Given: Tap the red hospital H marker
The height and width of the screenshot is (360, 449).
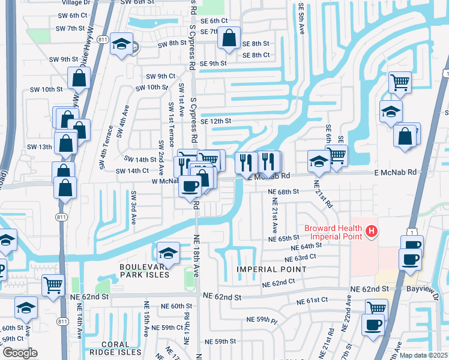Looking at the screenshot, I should click(x=372, y=230).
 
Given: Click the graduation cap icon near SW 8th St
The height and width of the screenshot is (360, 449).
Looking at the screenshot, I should click(x=122, y=44).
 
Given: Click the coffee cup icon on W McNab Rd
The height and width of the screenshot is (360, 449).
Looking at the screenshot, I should click(x=191, y=186).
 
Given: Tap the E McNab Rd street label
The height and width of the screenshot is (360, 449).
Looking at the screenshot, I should click(x=394, y=172).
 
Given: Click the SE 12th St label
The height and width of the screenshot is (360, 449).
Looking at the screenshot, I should click(x=216, y=121).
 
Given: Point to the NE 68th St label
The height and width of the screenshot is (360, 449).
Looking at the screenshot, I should click(x=284, y=191).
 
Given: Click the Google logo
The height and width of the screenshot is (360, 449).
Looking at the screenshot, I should click(x=19, y=353).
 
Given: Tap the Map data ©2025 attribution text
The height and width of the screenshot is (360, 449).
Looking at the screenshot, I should click(x=423, y=355).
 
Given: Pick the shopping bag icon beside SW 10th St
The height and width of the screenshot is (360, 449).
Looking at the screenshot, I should click(x=79, y=78).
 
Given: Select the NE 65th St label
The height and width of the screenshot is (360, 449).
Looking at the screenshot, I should click(x=284, y=238).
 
